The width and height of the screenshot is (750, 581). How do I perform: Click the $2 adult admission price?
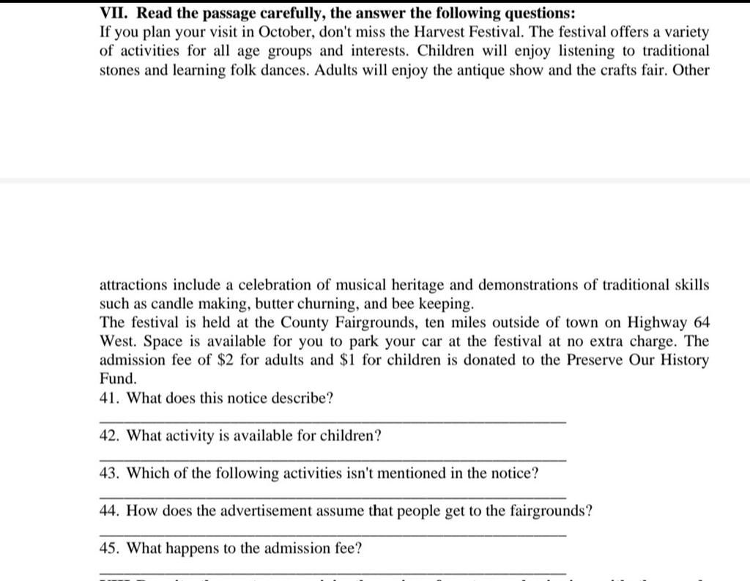coord(226,360)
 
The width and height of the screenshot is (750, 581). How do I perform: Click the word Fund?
coord(117,379)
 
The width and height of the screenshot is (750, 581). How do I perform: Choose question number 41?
coord(110,399)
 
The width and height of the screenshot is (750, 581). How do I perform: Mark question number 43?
coord(110,473)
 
